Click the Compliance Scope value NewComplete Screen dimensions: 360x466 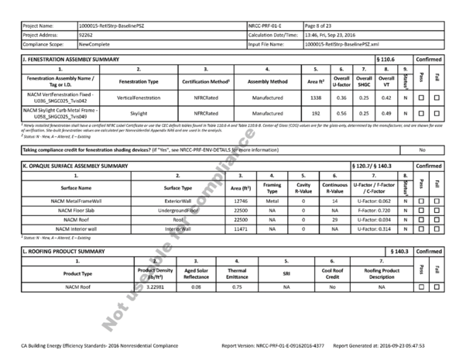pos(97,45)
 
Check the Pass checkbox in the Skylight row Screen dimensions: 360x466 pos(420,113)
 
